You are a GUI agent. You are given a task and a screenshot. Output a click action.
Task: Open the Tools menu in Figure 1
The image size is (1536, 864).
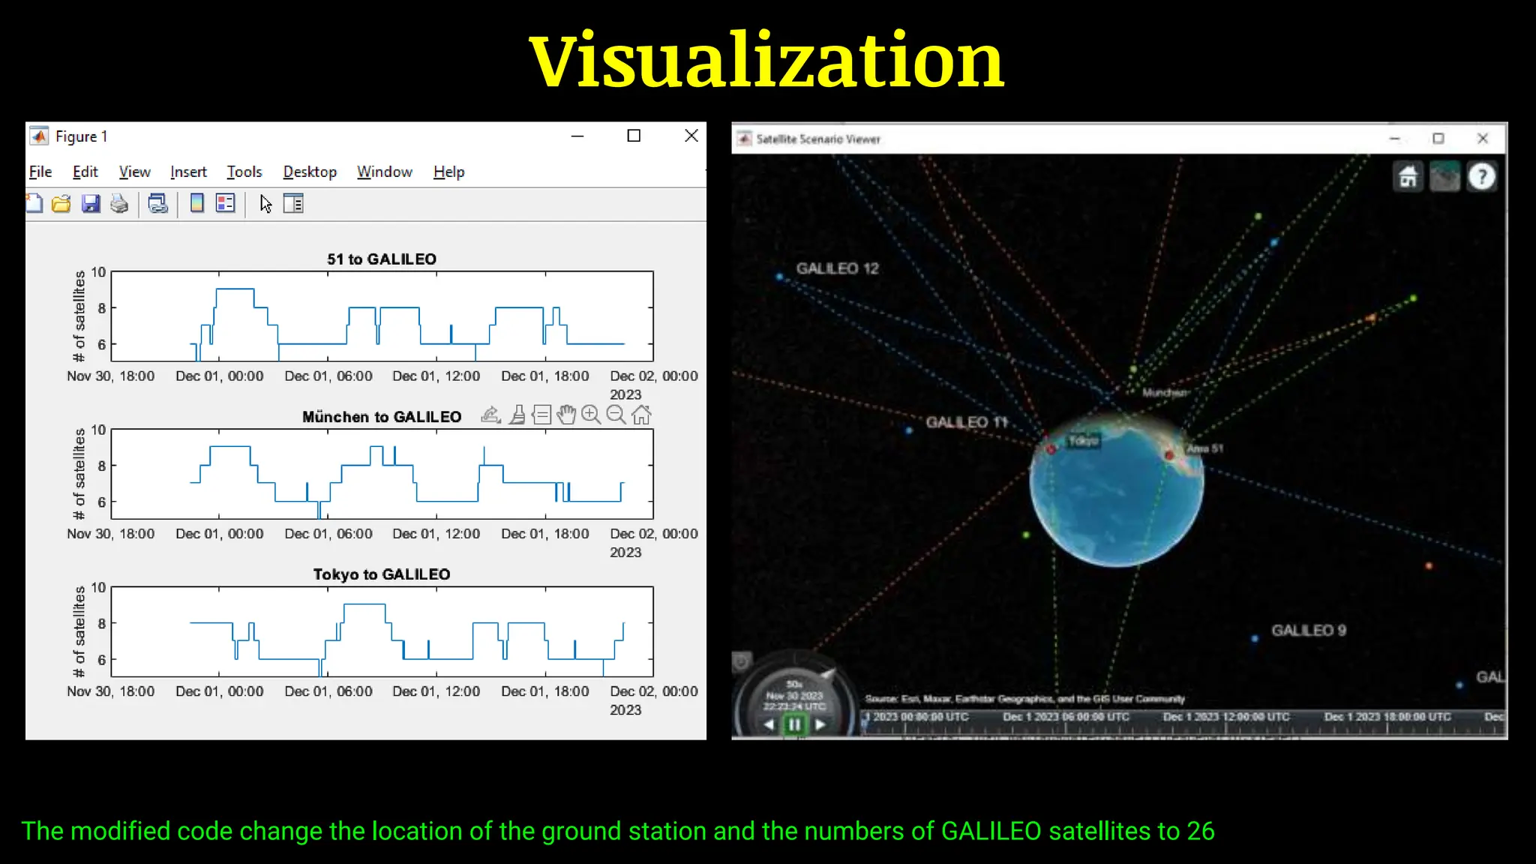[244, 172]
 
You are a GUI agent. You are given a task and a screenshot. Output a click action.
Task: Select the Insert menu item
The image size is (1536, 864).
[188, 172]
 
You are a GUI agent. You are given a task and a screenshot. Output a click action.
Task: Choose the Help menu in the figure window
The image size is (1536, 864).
[448, 172]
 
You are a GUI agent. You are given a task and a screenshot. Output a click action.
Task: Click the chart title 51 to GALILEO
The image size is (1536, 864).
[381, 259]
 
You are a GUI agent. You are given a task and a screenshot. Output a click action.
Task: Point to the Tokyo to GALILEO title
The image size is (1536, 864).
[381, 574]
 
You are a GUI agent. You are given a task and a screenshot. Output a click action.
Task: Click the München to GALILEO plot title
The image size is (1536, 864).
[381, 417]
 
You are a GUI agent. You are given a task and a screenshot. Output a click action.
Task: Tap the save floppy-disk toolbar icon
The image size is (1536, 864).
[91, 204]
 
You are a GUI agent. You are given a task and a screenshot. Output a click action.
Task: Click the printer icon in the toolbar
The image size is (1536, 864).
[119, 204]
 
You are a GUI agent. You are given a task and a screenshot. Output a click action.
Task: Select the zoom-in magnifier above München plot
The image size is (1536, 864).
[591, 415]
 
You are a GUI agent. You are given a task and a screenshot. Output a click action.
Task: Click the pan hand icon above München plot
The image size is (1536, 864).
[566, 415]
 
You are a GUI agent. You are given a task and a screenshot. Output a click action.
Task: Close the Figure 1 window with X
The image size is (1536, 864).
[691, 136]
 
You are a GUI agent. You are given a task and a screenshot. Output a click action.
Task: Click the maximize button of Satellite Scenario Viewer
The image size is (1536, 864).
[1438, 139]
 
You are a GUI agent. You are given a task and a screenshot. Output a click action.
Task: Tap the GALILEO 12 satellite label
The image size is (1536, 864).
[837, 268]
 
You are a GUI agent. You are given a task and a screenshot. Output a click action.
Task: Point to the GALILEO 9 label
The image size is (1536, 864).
[1308, 631]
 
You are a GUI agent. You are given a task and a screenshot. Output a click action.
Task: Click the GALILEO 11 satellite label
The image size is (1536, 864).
[966, 422]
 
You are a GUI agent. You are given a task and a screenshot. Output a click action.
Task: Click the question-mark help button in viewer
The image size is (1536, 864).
[1481, 177]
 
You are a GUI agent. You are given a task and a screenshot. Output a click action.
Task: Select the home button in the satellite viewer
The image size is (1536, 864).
[1408, 177]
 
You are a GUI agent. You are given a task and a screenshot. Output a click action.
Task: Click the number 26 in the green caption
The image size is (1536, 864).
[1200, 831]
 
